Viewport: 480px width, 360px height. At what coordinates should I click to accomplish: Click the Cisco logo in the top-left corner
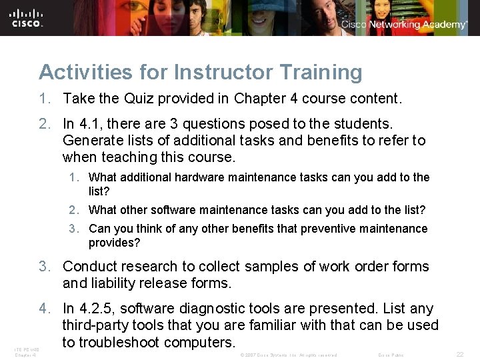tap(27, 17)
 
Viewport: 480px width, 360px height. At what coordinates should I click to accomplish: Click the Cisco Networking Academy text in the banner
tap(405, 25)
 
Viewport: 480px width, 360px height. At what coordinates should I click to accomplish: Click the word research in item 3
tap(142, 266)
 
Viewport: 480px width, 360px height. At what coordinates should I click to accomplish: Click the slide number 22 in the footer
tap(459, 355)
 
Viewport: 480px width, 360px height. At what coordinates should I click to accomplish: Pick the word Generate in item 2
tap(90, 141)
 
